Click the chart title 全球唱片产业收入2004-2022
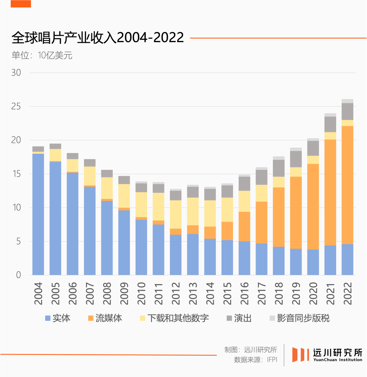tap(98, 38)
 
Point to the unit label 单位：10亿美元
tap(42, 55)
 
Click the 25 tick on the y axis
tap(16, 107)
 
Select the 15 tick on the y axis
tap(16, 174)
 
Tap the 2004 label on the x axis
tap(38, 293)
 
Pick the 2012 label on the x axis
tap(176, 293)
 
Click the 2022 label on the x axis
tap(347, 293)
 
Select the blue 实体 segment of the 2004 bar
tap(38, 214)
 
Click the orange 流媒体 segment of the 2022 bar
tap(347, 185)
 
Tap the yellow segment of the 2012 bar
tap(176, 215)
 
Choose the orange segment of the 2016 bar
tap(244, 226)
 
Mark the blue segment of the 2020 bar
tap(313, 262)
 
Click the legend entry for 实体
tap(57, 318)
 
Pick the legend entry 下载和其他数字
tap(174, 318)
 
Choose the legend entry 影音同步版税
tap(299, 318)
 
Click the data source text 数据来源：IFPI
tap(256, 360)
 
